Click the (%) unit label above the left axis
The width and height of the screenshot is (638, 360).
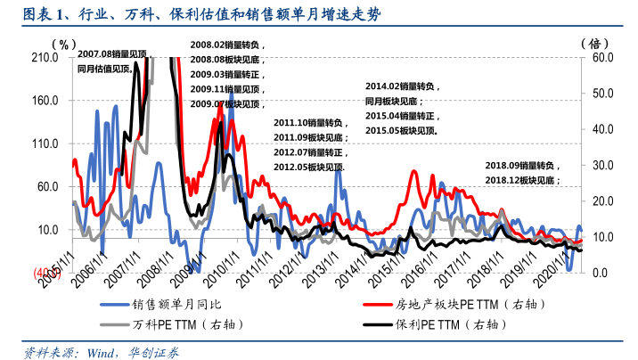pyautogui.click(x=62, y=42)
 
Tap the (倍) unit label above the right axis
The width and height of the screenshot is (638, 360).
pyautogui.click(x=593, y=42)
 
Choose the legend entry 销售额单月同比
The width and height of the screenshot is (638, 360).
pyautogui.click(x=178, y=304)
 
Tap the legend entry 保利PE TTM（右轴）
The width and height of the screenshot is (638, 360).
pyautogui.click(x=446, y=324)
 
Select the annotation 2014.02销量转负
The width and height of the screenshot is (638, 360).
pyautogui.click(x=402, y=86)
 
